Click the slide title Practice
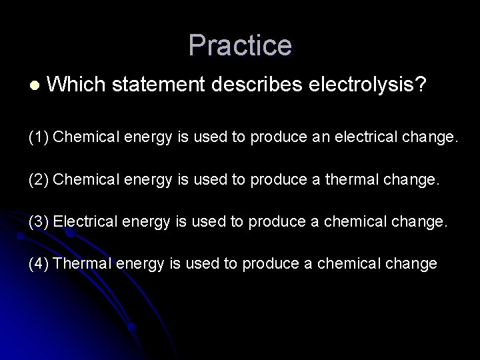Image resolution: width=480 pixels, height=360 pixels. click(x=240, y=45)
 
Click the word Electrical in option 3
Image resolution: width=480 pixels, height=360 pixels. click(x=83, y=222)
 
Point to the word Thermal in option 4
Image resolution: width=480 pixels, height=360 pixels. click(x=81, y=263)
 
